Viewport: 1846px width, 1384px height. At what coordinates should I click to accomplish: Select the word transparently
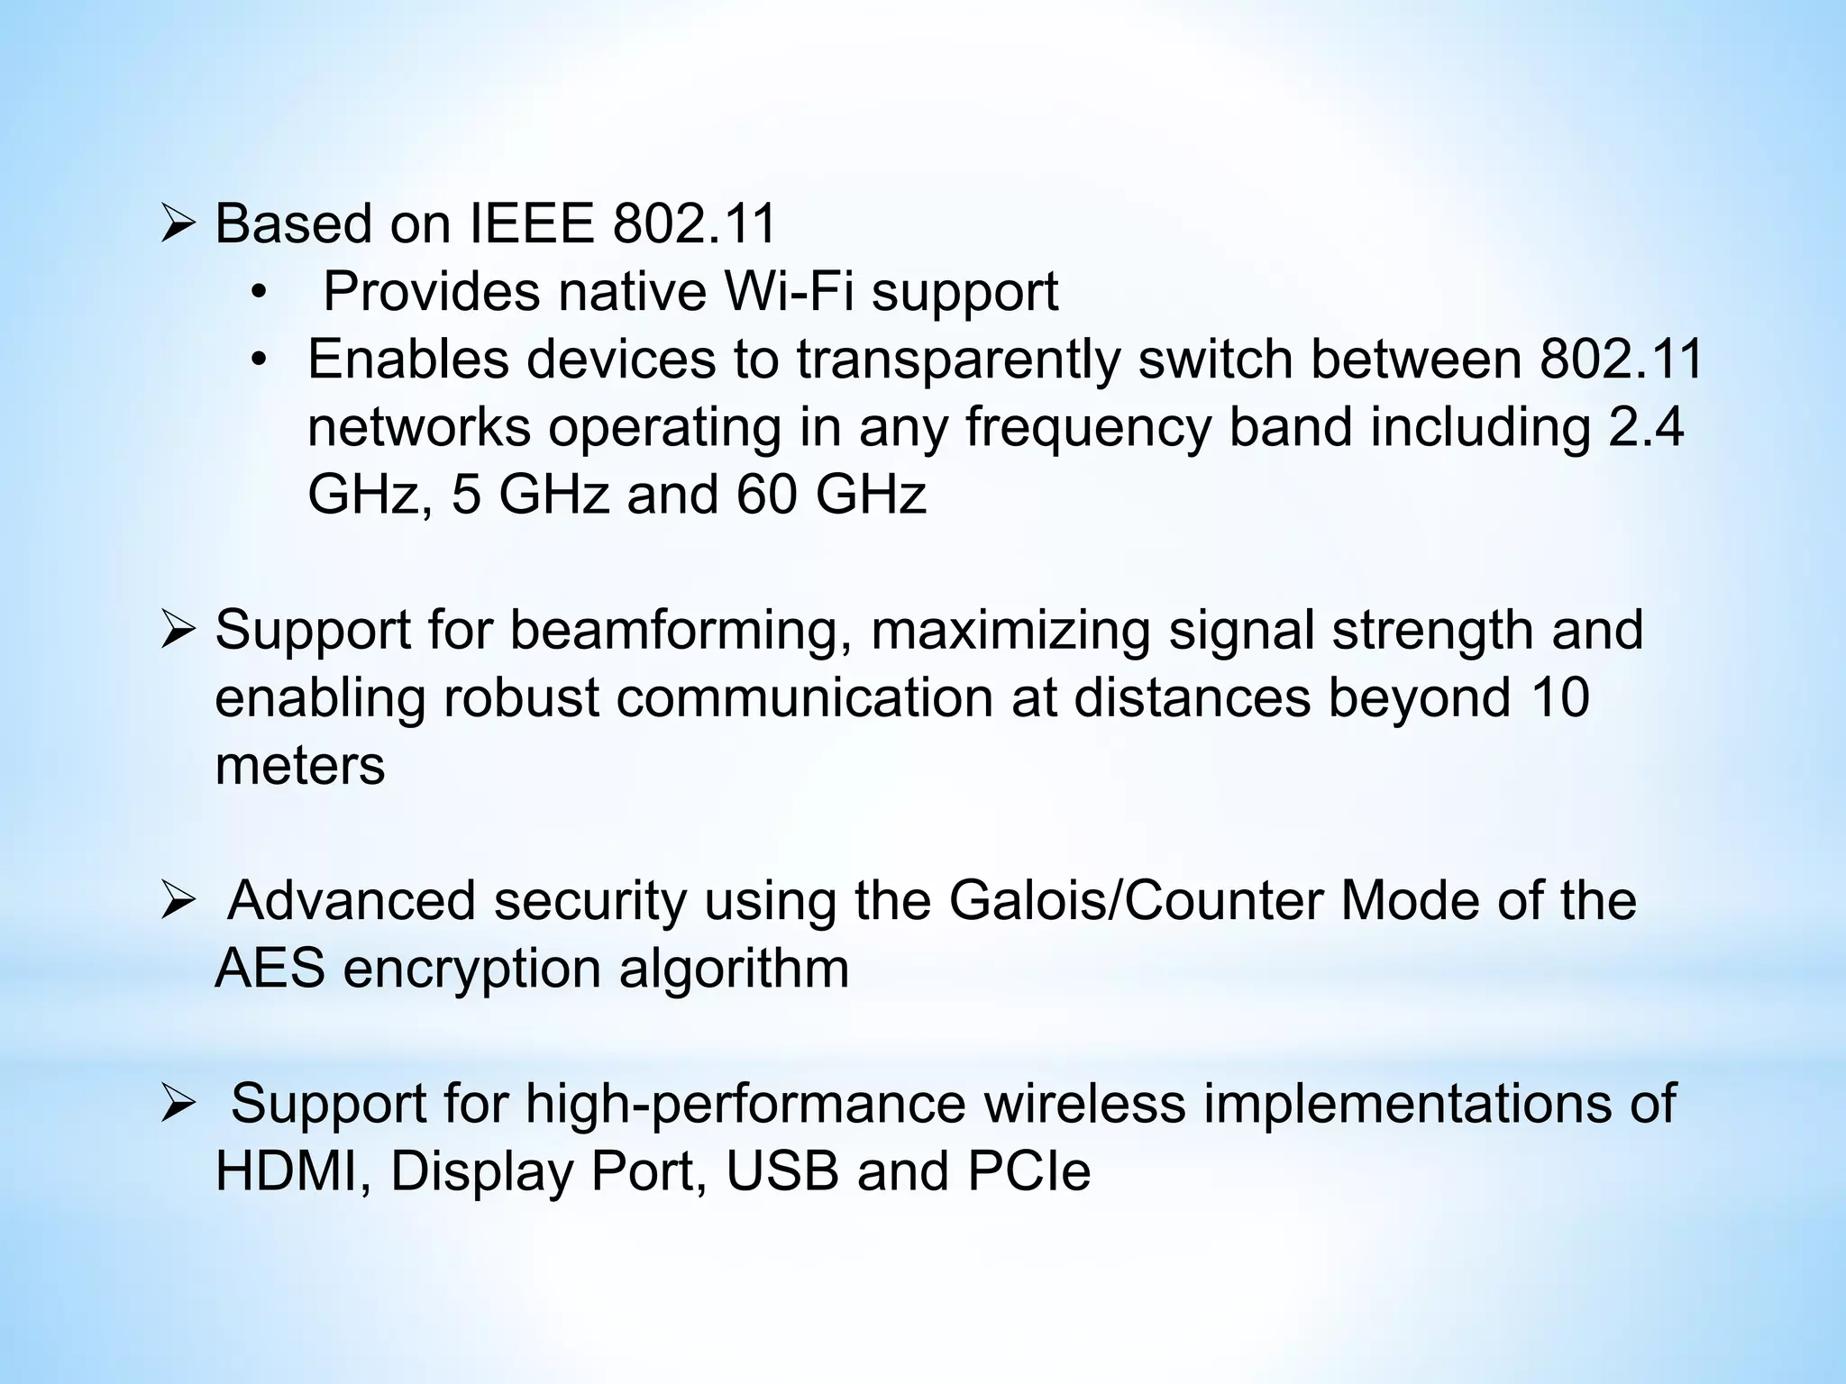point(957,360)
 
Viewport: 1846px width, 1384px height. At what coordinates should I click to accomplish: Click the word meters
point(300,765)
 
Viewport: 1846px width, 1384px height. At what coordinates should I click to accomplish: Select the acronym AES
point(270,969)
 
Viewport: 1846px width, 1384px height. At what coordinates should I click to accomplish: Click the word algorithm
point(734,969)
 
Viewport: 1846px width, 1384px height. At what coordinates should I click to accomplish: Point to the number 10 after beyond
point(1558,697)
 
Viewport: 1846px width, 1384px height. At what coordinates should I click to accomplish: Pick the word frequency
point(1088,427)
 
